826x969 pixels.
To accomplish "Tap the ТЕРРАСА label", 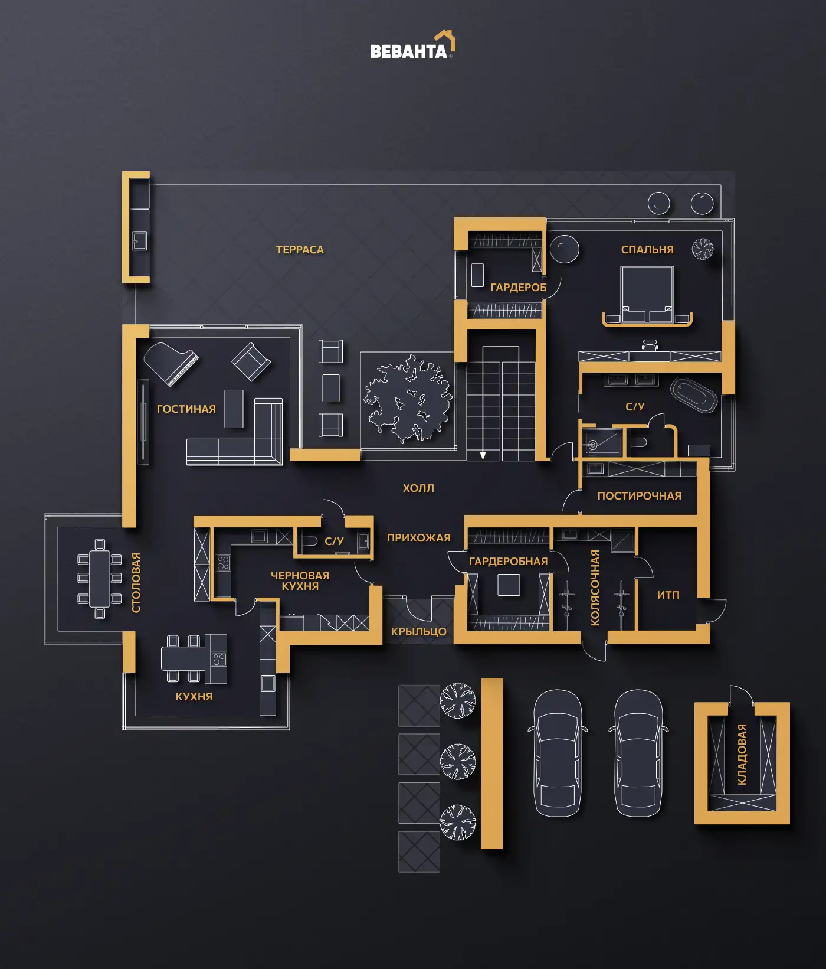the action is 300,250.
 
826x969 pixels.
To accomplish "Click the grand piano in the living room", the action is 171,364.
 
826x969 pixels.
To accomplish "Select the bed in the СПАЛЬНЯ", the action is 647,295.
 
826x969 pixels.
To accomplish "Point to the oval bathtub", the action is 694,395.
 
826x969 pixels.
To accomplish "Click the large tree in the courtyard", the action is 408,399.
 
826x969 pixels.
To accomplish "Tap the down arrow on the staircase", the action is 483,455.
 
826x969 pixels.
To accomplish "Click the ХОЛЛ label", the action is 418,488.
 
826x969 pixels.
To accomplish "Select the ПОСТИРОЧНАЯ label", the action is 639,496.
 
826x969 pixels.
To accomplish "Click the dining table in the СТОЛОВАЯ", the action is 100,578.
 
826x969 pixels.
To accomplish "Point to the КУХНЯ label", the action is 194,697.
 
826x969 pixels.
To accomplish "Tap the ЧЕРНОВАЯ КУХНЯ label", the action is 300,580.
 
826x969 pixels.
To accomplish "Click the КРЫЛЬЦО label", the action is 418,632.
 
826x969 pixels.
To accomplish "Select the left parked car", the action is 558,753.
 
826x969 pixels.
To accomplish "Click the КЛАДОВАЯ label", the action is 742,754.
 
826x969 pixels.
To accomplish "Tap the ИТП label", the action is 668,595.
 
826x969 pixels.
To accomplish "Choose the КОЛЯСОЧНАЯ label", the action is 595,588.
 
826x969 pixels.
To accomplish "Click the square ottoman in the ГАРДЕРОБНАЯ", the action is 509,585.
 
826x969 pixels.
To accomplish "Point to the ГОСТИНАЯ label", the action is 186,409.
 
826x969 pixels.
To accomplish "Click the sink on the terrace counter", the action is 140,242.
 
